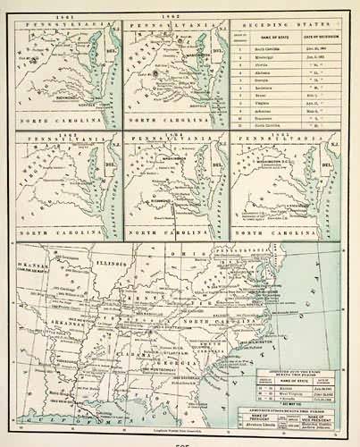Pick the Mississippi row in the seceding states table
(270, 55)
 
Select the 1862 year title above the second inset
(175, 17)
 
